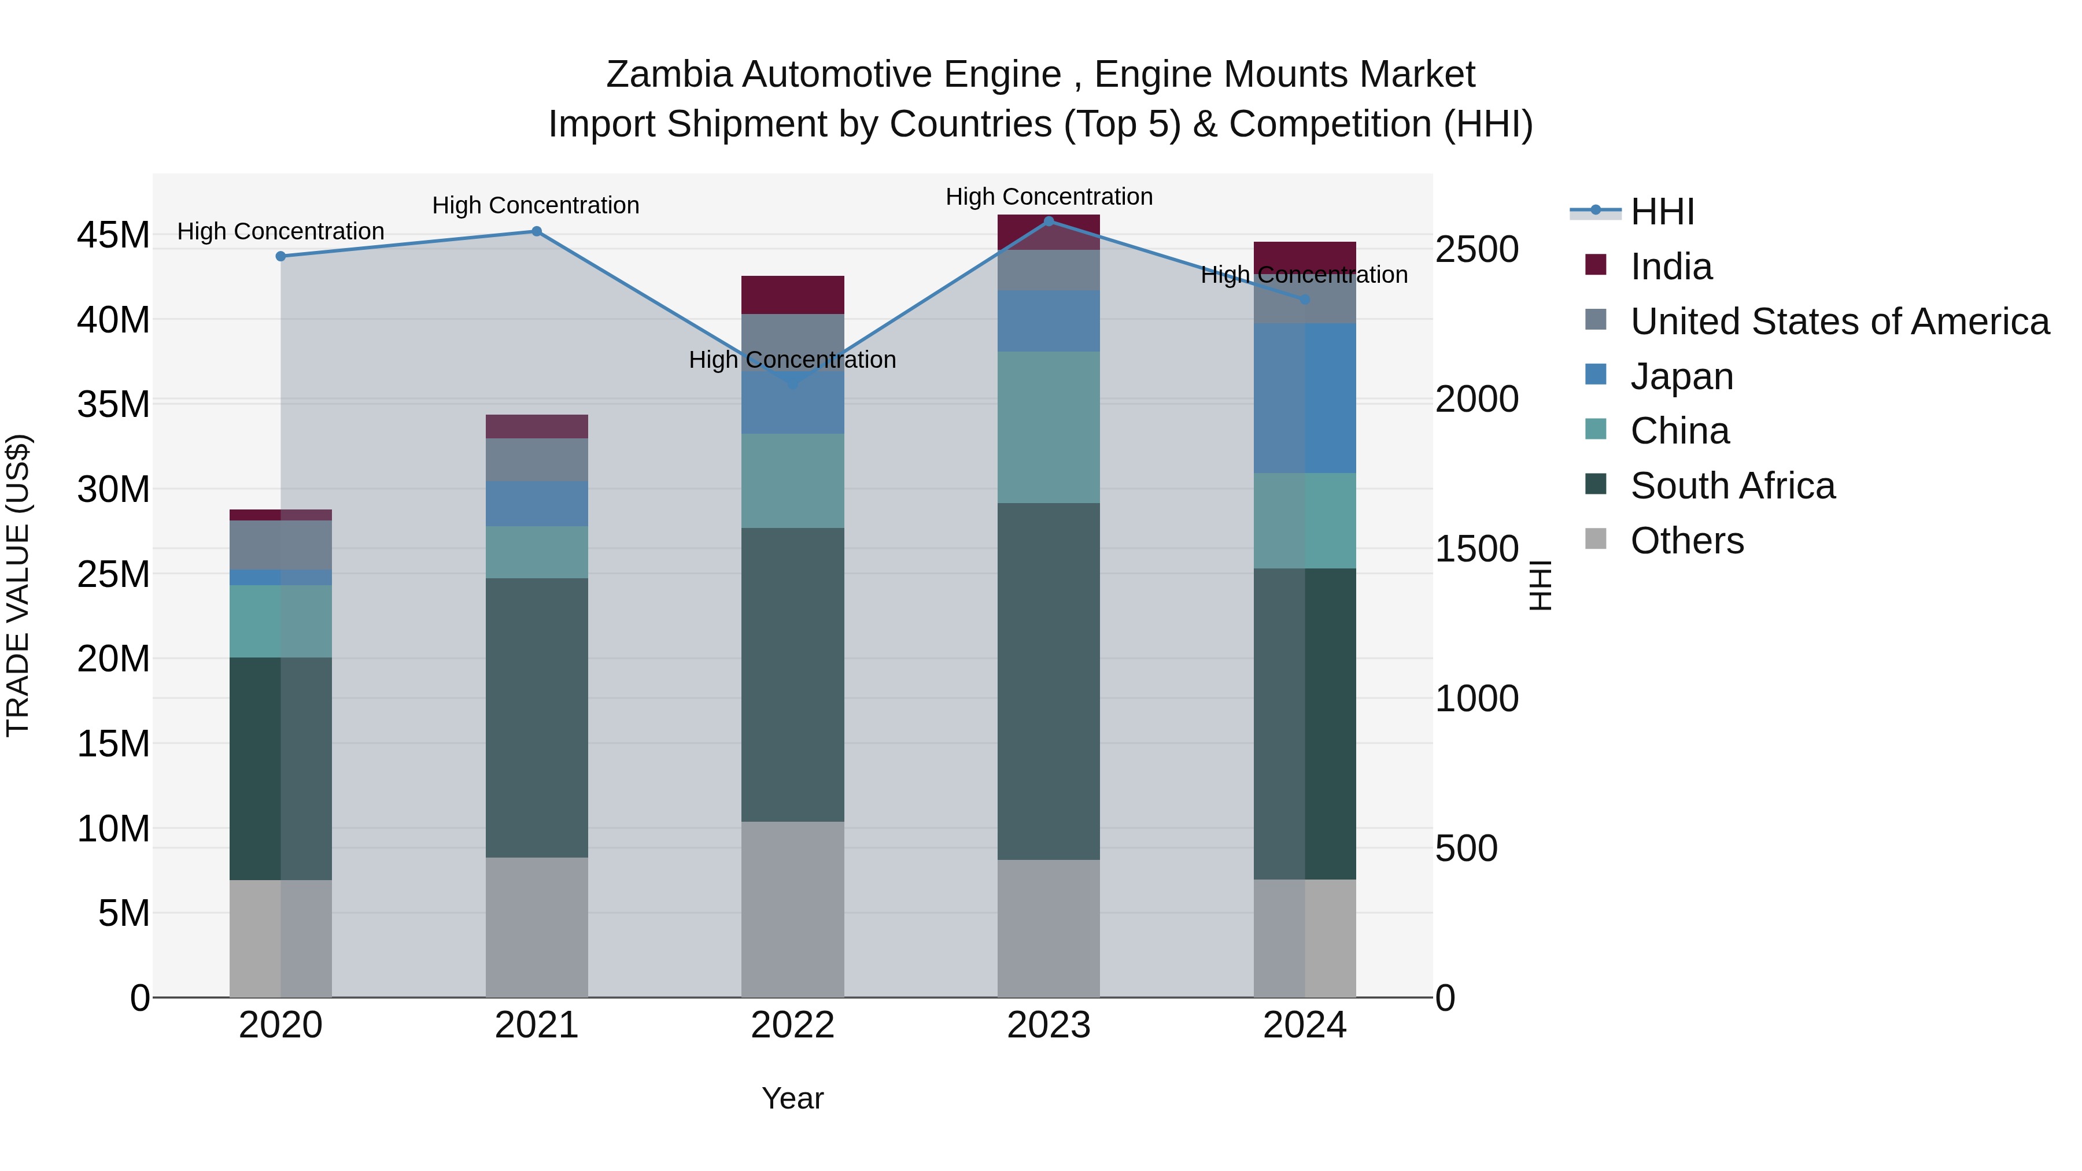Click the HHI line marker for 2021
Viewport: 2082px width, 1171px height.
pos(537,232)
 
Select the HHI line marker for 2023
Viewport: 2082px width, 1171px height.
pos(1049,221)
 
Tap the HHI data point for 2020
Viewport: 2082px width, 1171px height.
pos(280,256)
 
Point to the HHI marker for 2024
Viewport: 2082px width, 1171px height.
pos(1305,300)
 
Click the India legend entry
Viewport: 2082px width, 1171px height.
pos(1671,267)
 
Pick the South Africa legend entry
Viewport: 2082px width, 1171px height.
pos(1732,486)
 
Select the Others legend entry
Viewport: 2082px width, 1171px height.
pos(1687,541)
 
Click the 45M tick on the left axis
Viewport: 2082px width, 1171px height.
pos(113,235)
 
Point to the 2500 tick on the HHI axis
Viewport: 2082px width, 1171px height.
pos(1476,250)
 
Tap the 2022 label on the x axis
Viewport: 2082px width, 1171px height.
pos(792,1025)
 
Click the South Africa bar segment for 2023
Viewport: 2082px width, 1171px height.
pos(1049,681)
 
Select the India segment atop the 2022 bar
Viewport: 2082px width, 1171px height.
pos(792,295)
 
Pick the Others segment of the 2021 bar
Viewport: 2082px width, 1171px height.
pos(537,927)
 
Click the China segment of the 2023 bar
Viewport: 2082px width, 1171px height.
pos(1049,427)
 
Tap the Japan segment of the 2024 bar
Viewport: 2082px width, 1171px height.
pos(1305,398)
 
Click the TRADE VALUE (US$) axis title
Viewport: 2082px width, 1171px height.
pos(18,585)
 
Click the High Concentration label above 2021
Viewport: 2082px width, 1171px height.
pos(536,205)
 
